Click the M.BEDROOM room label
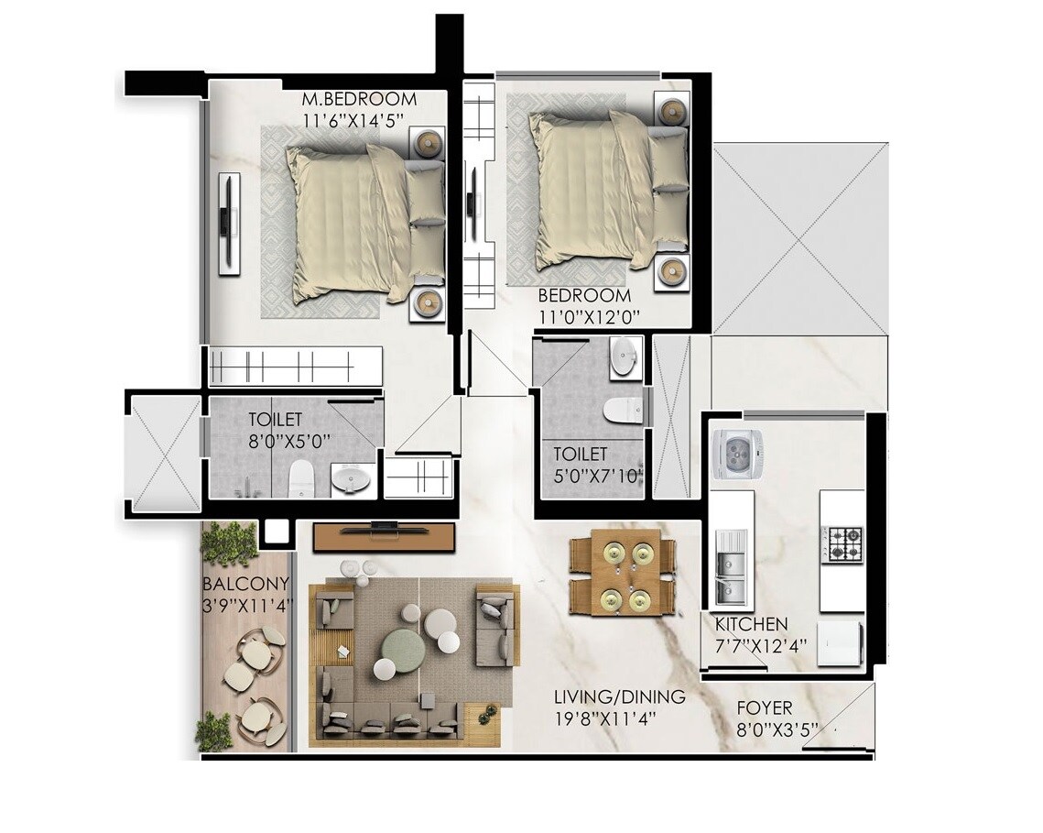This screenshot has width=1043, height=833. click(359, 99)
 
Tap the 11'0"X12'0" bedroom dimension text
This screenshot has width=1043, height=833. click(588, 316)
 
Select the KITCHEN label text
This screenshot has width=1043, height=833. click(751, 624)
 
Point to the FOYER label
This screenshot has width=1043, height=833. click(765, 708)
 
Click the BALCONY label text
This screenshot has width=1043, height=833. click(245, 584)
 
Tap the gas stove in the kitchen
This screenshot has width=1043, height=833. click(841, 543)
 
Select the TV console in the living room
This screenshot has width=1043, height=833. click(384, 536)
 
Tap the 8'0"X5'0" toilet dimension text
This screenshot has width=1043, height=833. click(289, 440)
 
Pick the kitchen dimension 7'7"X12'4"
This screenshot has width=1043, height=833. click(761, 645)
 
